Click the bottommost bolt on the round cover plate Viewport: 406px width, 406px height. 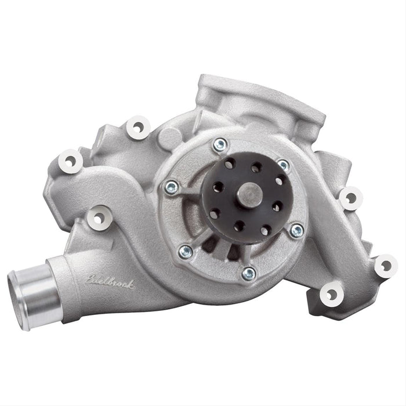(249, 271)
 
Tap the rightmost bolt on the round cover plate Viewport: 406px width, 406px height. (297, 230)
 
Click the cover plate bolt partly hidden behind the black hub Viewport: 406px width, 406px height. (283, 166)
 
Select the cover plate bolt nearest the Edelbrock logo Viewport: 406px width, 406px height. (186, 251)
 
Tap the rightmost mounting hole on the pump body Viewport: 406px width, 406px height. (385, 266)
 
